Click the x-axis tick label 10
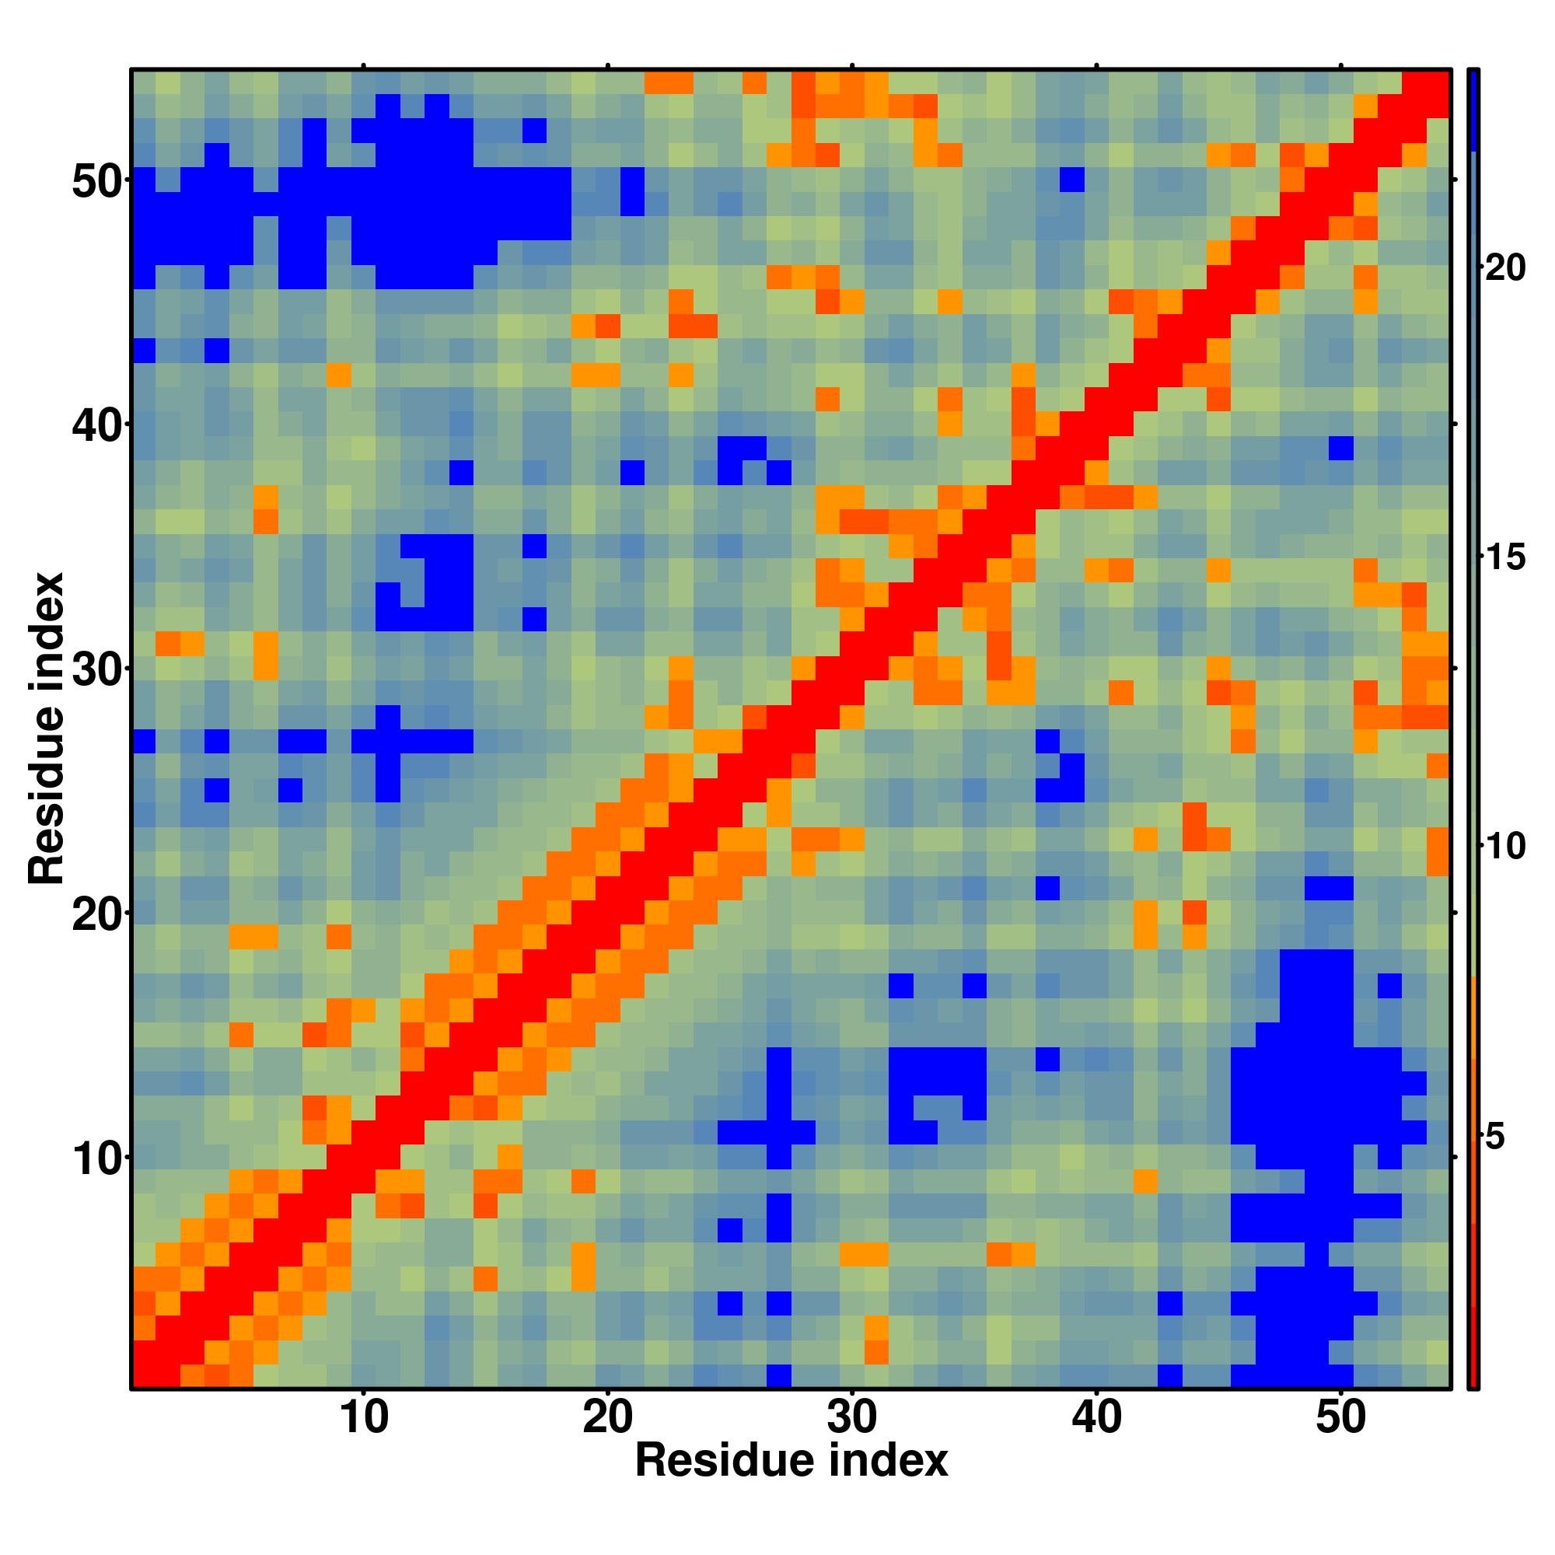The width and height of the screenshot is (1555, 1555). [x=364, y=1440]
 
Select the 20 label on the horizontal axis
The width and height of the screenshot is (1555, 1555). [x=608, y=1440]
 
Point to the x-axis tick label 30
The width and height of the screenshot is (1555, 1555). [x=852, y=1440]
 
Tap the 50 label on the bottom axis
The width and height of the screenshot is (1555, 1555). [x=1340, y=1440]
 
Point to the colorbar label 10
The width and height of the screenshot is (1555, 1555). [x=1504, y=847]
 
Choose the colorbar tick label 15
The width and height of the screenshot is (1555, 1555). [x=1504, y=557]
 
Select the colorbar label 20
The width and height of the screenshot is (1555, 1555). [x=1504, y=268]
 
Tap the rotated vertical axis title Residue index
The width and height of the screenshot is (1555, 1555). [x=46, y=729]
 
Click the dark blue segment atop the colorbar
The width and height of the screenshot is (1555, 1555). [x=1473, y=110]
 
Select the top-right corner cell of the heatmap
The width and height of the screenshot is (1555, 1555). [x=1438, y=82]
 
